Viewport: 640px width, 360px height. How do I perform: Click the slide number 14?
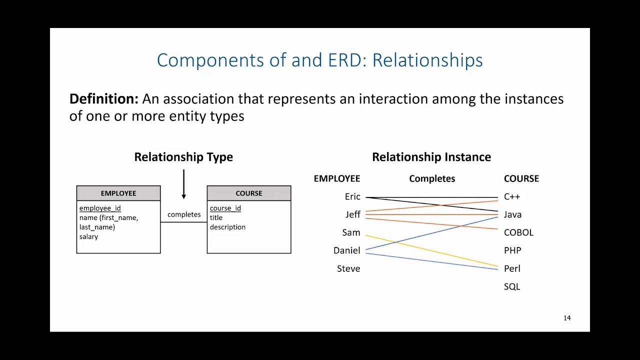coord(567,318)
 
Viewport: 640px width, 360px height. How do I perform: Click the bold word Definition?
coord(103,99)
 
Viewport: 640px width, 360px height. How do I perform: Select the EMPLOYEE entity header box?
coord(118,193)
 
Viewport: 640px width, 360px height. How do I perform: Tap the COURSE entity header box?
coord(249,193)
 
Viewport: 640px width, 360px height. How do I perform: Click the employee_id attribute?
coord(100,208)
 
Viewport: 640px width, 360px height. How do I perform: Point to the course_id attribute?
coord(225,208)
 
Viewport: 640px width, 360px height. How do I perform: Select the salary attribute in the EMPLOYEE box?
coord(88,236)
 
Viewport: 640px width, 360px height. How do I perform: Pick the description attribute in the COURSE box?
coord(227,227)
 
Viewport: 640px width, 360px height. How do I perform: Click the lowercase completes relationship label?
coord(184,214)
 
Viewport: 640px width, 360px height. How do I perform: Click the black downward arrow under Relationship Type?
coord(183,185)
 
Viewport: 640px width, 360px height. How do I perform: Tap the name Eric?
coord(352,196)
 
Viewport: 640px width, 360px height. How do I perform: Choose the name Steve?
coord(348,268)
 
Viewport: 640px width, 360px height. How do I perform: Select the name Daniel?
coord(346,250)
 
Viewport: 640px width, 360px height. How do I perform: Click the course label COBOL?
coord(518,232)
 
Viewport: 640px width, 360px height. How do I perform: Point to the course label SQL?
coord(512,286)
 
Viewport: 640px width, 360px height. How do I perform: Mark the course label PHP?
coord(512,250)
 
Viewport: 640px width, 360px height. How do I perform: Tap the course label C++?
coord(512,196)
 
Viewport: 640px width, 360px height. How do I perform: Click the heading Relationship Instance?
coord(431,157)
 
